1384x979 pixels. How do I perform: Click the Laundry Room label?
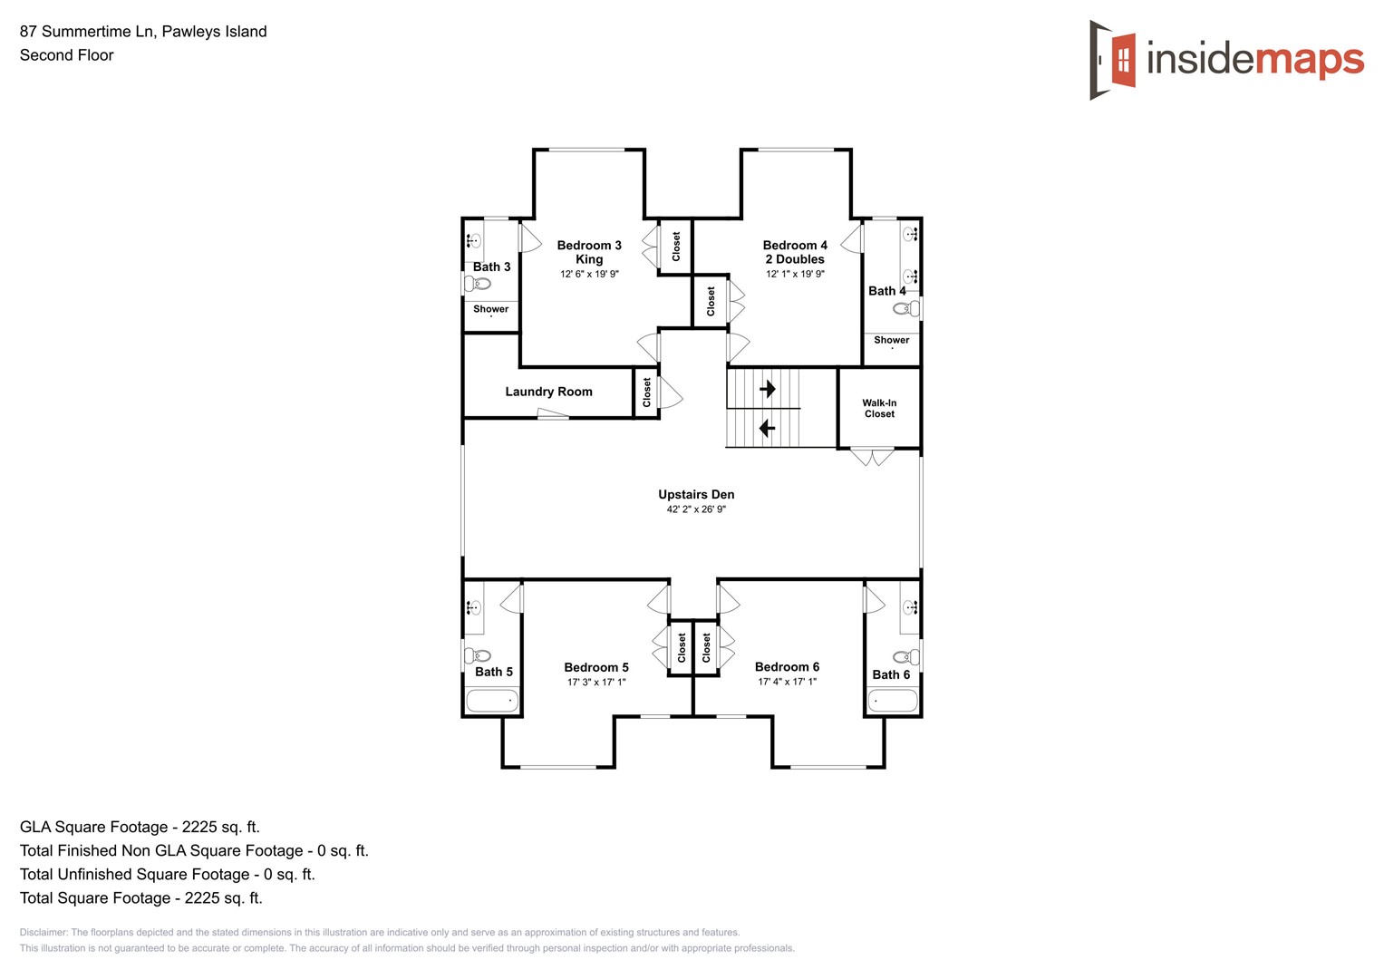(x=548, y=392)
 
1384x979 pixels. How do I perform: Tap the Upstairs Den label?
(x=696, y=494)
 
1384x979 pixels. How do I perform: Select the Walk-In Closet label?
(x=879, y=409)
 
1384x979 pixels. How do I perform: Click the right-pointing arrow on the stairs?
(x=768, y=389)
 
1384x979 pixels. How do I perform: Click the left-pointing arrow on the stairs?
(x=767, y=428)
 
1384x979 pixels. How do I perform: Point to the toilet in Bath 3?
(x=478, y=284)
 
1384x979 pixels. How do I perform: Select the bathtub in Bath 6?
(x=893, y=700)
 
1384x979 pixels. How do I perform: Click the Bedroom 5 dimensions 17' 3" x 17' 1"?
(x=596, y=682)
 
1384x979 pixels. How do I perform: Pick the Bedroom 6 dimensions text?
(x=787, y=682)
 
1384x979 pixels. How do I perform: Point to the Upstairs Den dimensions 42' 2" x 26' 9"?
(x=696, y=509)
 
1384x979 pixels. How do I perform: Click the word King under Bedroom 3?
(x=589, y=259)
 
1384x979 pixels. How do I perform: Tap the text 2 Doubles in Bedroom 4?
(x=795, y=259)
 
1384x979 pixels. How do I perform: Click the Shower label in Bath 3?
(x=490, y=309)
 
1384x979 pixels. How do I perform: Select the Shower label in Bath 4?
(x=891, y=340)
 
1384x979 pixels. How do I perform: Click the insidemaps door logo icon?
(x=1114, y=60)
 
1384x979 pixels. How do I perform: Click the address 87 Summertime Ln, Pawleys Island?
(x=143, y=32)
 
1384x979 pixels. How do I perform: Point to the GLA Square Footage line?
(x=140, y=827)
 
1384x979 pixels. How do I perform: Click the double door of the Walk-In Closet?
(x=872, y=457)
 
